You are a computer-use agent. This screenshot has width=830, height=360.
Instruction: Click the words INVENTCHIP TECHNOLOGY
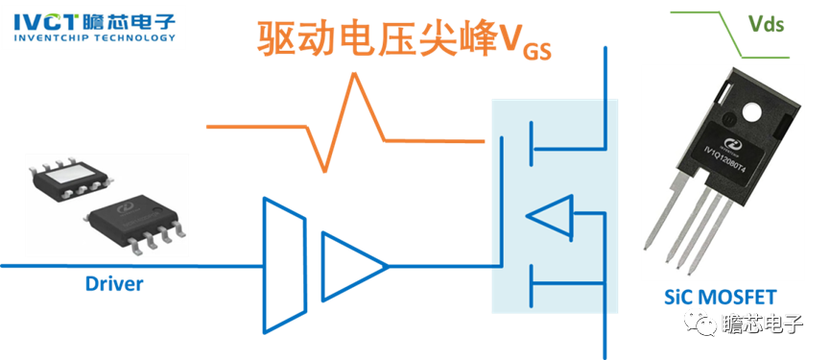click(x=93, y=39)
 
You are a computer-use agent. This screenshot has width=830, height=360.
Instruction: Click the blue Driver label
click(x=114, y=283)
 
